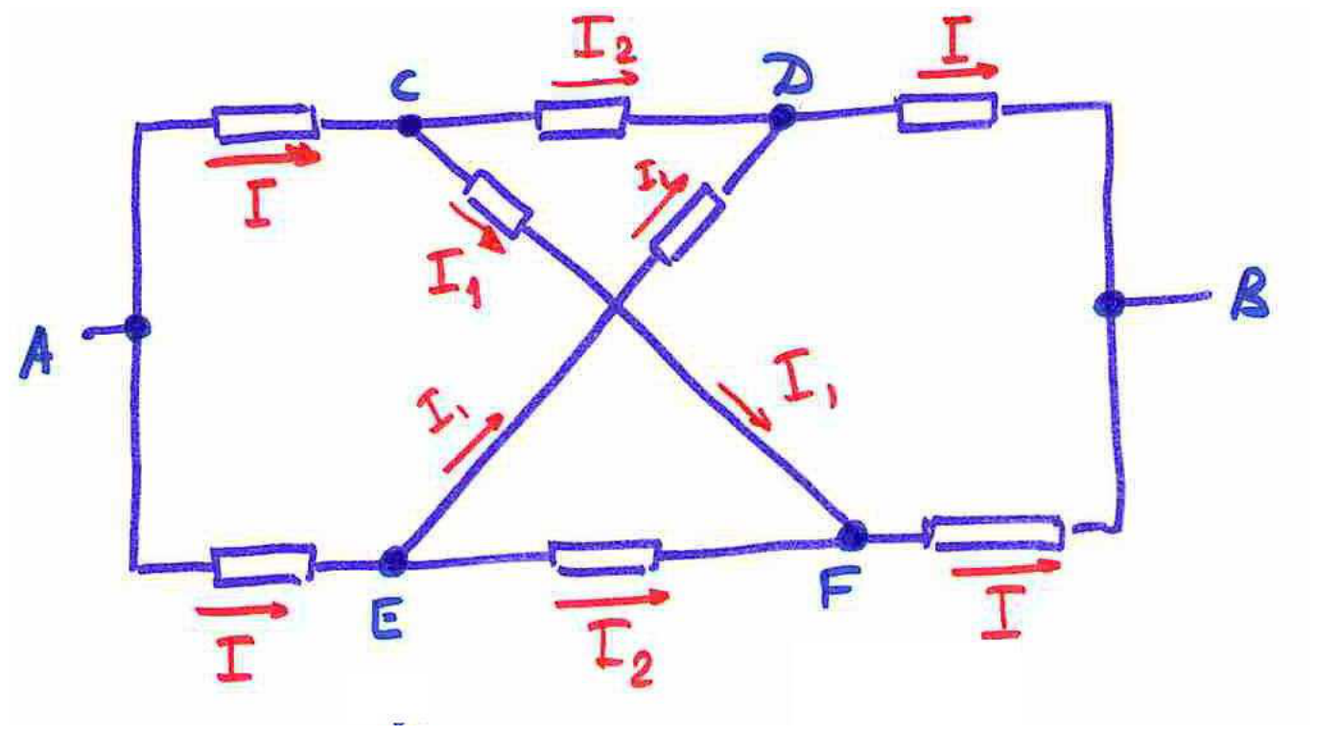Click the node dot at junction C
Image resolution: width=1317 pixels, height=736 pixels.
[x=409, y=125]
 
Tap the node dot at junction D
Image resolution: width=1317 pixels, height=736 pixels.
[x=782, y=116]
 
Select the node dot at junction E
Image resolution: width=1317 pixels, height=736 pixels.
[x=393, y=562]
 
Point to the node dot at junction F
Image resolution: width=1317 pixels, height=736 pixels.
[x=852, y=536]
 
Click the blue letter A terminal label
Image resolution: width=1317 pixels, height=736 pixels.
[x=35, y=352]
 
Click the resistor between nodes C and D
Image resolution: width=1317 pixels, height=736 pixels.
[x=582, y=119]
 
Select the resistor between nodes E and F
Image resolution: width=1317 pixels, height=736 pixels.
[x=604, y=558]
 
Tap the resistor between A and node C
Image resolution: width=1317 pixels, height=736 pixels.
[x=266, y=124]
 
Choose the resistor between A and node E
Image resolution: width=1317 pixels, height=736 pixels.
[x=263, y=565]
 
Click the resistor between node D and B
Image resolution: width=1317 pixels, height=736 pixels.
[x=947, y=112]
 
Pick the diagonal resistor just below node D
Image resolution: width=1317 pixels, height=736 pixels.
[x=689, y=224]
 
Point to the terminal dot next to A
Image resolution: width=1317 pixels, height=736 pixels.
[x=137, y=327]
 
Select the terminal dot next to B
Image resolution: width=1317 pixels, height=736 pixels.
[x=1109, y=304]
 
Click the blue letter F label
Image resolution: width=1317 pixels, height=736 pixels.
[x=839, y=586]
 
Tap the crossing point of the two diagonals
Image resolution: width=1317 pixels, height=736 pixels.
[x=615, y=305]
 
